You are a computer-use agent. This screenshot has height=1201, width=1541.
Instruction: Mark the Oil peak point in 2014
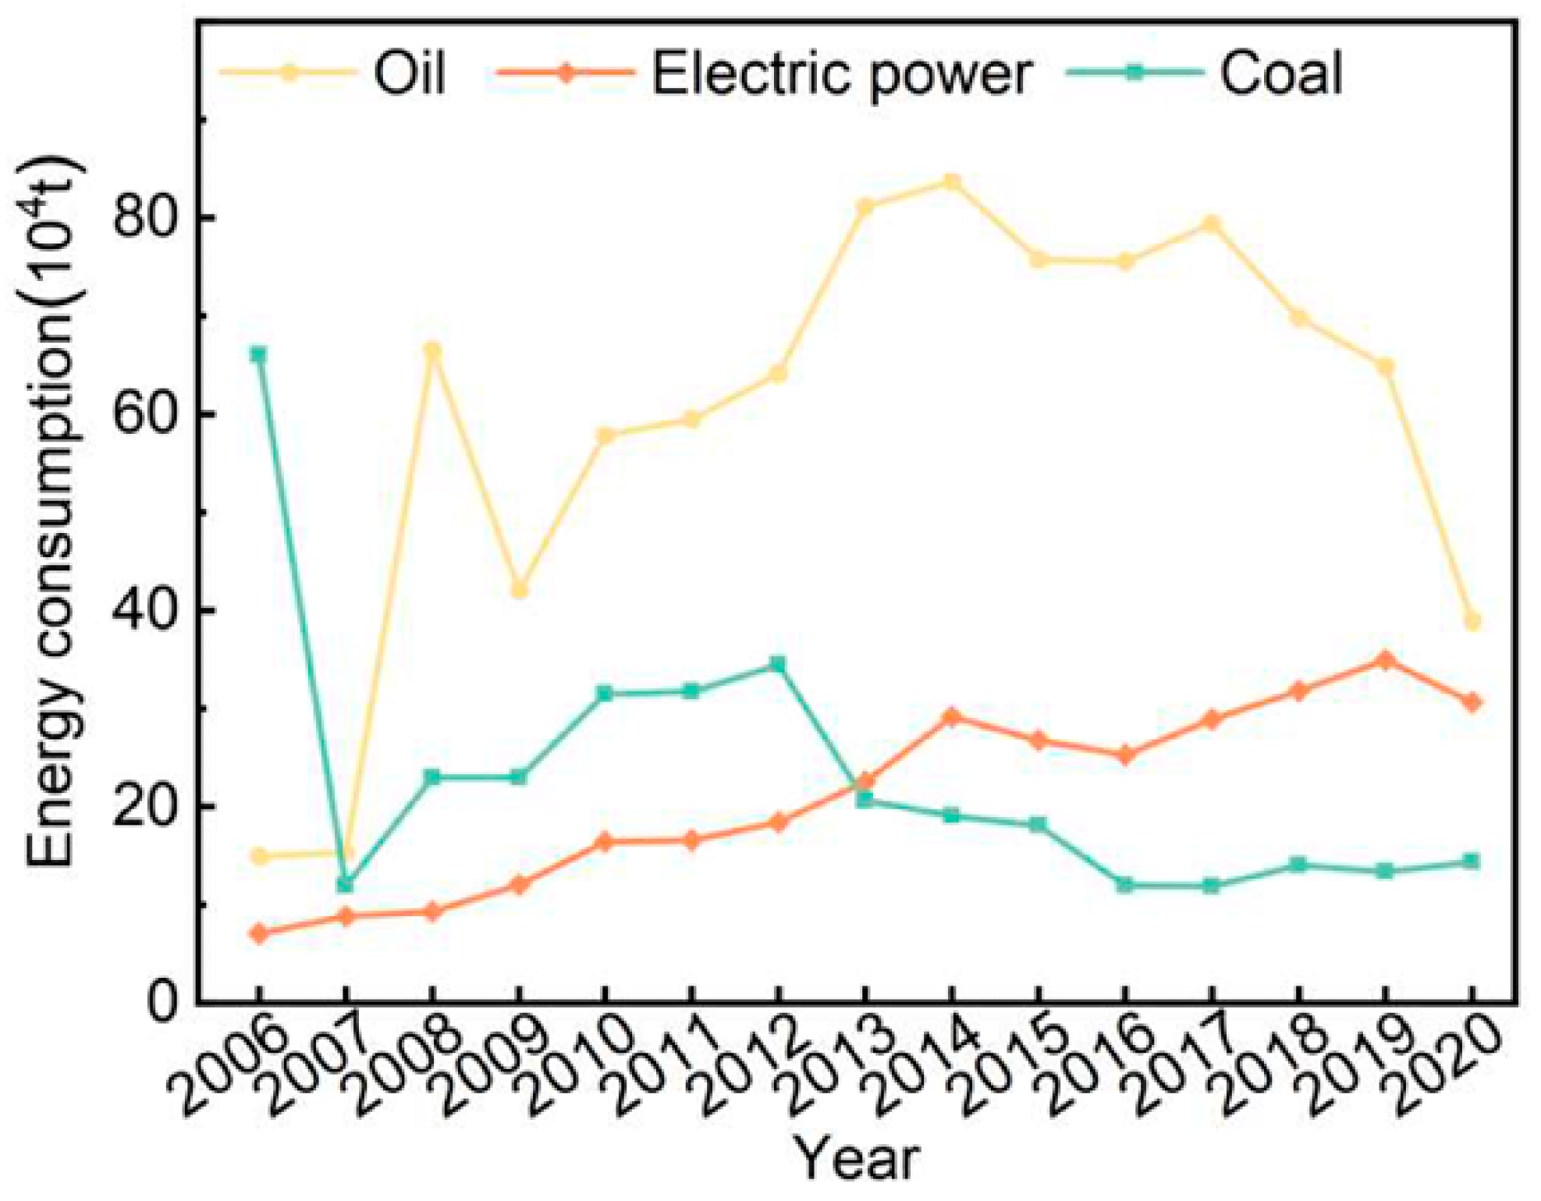point(951,183)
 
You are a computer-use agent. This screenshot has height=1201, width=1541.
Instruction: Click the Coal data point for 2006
point(258,355)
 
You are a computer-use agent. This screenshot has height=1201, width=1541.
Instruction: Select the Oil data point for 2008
point(431,349)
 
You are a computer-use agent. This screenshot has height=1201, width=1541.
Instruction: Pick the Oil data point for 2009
point(518,590)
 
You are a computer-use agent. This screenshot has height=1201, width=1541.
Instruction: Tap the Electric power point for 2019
point(1385,660)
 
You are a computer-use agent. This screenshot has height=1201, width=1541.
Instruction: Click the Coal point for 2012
point(778,665)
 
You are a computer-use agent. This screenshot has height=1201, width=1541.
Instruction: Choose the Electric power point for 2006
point(258,933)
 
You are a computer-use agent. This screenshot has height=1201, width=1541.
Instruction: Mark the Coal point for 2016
point(1124,885)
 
